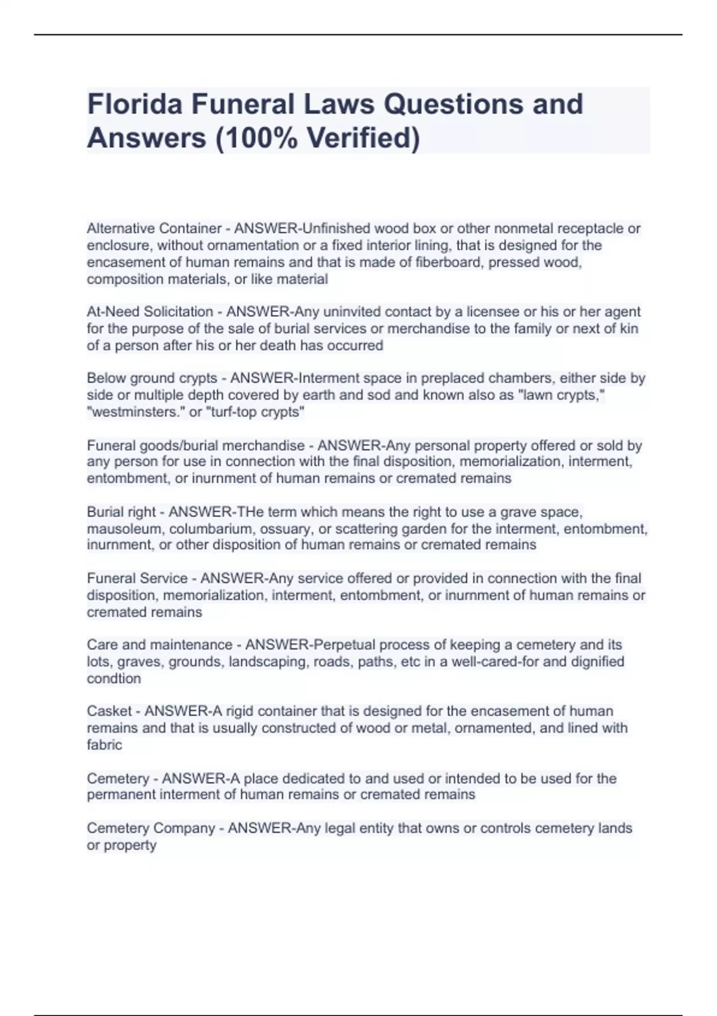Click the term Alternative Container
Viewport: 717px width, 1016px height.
154,228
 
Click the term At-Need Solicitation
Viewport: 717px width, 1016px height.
150,311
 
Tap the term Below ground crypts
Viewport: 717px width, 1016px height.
152,378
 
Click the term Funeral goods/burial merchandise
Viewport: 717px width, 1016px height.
196,445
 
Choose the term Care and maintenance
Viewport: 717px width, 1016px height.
160,645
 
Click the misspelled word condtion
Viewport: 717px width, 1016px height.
114,678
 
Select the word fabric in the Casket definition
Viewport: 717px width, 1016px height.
105,745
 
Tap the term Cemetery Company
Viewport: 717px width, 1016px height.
151,828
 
